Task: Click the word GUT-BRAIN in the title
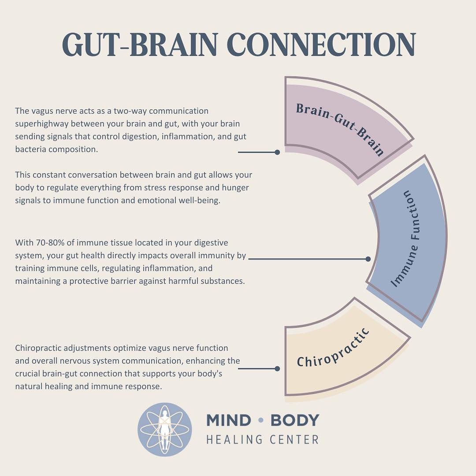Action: pos(140,45)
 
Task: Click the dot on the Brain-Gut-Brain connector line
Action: pos(277,152)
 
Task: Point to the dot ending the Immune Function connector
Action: pos(368,259)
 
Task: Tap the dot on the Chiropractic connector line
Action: pos(277,368)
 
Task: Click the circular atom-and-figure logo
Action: pos(164,429)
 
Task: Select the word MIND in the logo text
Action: pos(229,420)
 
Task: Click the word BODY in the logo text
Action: pos(294,420)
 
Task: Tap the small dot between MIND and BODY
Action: pos(260,420)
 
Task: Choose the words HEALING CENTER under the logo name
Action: pos(263,439)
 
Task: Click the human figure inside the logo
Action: pos(165,429)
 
